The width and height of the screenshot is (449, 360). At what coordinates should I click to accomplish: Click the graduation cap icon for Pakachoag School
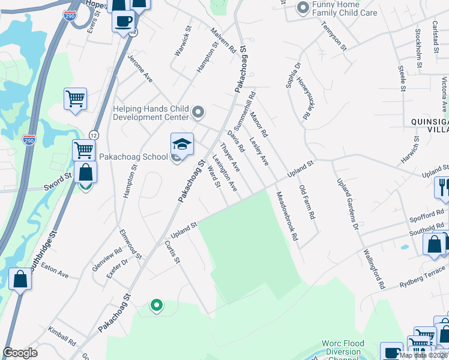[182, 145]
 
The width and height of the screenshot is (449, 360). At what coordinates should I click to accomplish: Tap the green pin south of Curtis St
[157, 305]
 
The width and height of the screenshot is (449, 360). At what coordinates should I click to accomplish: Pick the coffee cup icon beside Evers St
[124, 21]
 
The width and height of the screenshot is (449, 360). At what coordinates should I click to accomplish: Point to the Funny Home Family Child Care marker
[302, 8]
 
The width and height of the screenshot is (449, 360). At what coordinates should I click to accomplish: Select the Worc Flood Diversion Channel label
[343, 348]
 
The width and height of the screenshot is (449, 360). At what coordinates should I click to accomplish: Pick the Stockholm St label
[418, 47]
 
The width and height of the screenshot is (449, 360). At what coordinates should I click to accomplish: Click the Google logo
[20, 353]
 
